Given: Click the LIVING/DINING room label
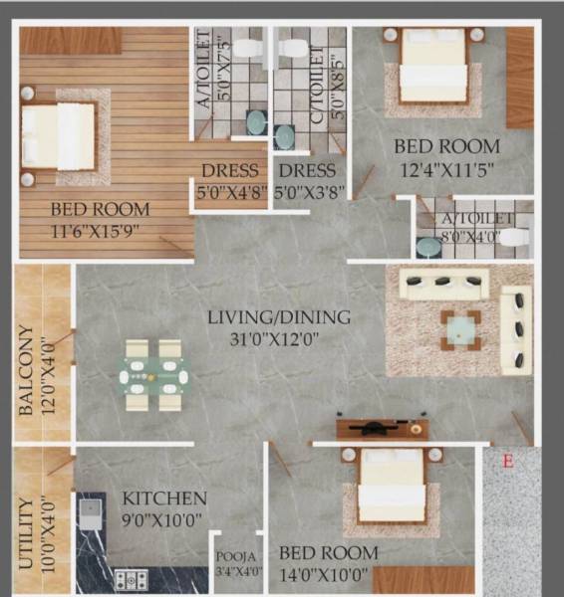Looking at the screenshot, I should (279, 317).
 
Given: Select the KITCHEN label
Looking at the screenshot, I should (164, 497).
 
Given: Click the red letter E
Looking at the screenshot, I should (507, 461).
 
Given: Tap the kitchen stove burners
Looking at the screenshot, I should (132, 578).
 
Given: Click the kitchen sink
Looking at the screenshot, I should (90, 513).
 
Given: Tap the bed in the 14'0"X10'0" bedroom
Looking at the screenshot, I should (392, 488).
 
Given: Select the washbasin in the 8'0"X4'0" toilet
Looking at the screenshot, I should (428, 246).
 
